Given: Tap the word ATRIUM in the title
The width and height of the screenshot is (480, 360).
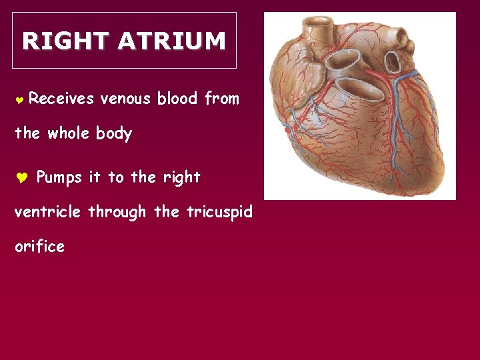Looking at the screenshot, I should tap(172, 41).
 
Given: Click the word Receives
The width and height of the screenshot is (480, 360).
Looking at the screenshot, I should tap(62, 99).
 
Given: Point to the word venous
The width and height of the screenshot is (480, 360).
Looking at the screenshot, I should tap(125, 99).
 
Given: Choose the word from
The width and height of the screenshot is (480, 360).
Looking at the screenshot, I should tap(221, 99).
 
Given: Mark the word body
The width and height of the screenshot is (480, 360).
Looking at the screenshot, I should tap(114, 134).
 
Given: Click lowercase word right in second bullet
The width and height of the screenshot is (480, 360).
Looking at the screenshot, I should tap(182, 178).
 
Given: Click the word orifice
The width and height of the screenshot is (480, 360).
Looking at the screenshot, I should tap(39, 247).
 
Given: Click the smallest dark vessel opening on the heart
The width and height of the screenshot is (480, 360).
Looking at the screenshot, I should tap(393, 61).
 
